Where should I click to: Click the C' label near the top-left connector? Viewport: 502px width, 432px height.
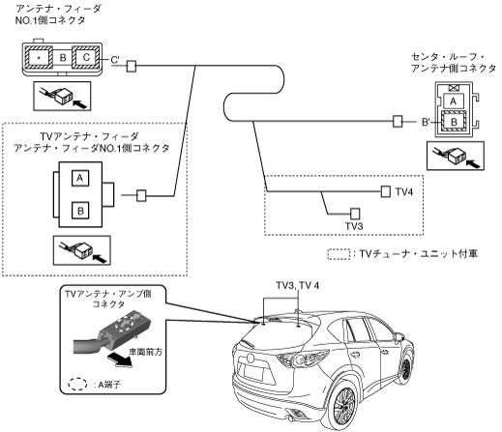[x=115, y=60]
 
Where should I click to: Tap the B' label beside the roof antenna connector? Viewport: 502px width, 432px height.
[x=426, y=122]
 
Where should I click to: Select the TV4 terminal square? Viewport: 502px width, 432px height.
[x=386, y=191]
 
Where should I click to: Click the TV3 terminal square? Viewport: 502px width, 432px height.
[x=355, y=214]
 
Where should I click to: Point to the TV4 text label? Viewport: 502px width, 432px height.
[x=404, y=192]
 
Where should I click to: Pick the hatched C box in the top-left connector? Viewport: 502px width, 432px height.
[x=86, y=57]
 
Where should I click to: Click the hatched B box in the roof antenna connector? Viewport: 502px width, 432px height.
[x=454, y=122]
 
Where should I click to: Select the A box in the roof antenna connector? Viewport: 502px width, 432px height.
[x=453, y=101]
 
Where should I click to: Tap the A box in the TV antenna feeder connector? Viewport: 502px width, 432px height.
[x=80, y=178]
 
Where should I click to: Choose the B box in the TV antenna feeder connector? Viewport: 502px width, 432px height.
[x=80, y=211]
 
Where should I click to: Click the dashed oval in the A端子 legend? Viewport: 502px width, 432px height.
[x=77, y=384]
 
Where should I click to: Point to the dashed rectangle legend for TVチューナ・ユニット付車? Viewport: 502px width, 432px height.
[x=339, y=254]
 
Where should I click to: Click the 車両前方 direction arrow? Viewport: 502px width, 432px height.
[x=120, y=360]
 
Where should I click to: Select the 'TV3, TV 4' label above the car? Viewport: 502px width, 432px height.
[x=298, y=286]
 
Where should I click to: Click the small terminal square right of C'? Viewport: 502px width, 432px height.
[x=132, y=67]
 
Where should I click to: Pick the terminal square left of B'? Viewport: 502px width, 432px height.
[x=398, y=122]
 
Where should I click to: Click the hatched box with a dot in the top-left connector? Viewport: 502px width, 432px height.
[x=39, y=57]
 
